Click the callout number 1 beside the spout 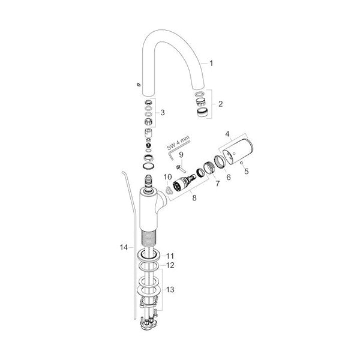click(x=211, y=63)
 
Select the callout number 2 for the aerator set click(x=220, y=104)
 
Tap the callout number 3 click(x=163, y=113)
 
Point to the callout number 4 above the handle click(x=227, y=134)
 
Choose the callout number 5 click(x=247, y=171)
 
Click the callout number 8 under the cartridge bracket click(x=194, y=197)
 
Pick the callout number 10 click(x=168, y=177)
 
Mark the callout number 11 click(x=170, y=256)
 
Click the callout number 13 click(x=170, y=290)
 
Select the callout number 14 click(x=124, y=247)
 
